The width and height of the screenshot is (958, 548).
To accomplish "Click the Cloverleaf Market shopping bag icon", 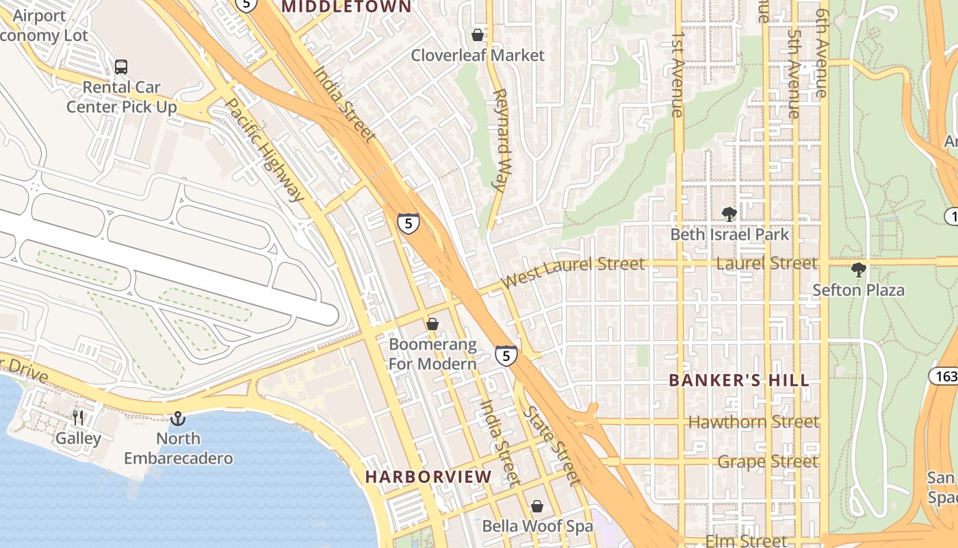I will click(x=478, y=34).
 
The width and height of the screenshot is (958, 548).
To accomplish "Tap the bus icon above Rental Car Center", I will click(x=121, y=66).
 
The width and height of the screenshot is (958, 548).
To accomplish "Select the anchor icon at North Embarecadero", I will click(x=178, y=417).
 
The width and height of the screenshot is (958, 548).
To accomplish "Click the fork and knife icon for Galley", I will click(x=78, y=417).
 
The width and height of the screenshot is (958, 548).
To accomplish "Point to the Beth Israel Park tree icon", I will click(x=729, y=214).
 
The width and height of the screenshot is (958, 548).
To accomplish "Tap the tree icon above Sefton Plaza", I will click(x=858, y=269).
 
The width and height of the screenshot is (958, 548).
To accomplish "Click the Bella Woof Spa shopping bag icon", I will click(x=537, y=506).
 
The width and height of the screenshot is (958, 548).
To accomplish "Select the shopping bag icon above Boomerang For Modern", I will click(x=432, y=323).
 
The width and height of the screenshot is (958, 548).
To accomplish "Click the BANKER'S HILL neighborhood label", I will click(x=739, y=380).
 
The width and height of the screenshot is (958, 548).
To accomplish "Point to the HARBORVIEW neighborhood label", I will click(x=428, y=476).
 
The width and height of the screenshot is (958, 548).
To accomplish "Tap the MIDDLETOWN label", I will click(x=347, y=7).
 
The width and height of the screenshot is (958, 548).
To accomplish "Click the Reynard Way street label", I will click(x=502, y=139).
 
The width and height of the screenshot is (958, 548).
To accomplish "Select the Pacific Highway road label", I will click(x=264, y=151).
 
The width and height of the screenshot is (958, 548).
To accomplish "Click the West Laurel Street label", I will click(x=572, y=271).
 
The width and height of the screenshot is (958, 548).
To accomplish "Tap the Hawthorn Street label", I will click(x=753, y=422).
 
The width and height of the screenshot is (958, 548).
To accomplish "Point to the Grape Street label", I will click(x=767, y=462).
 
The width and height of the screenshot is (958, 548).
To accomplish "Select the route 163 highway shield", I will click(x=943, y=375).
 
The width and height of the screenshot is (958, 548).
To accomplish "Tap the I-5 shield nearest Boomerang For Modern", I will click(x=506, y=356).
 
